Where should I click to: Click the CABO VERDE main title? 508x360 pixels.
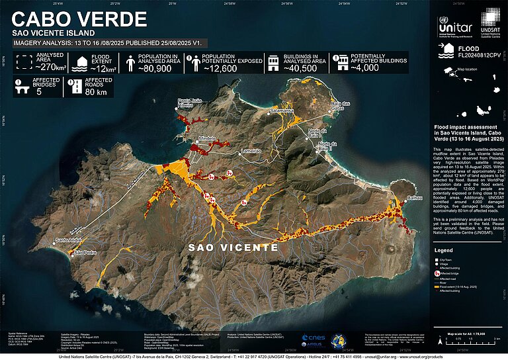pos(79,19)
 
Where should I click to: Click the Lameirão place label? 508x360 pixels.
pos(252,151)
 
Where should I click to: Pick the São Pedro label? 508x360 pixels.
pos(87,253)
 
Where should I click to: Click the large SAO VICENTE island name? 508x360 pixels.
pos(233,247)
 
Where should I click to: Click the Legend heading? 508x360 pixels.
pos(443,251)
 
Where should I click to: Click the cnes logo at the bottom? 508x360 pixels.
pos(309,337)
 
